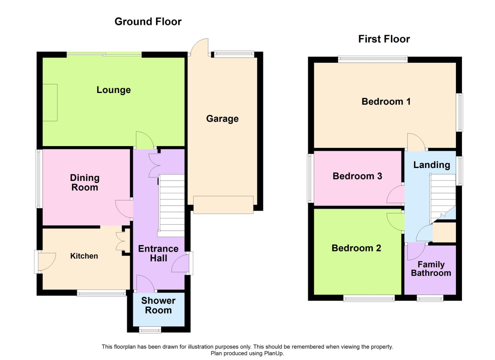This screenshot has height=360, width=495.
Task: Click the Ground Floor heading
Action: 148,22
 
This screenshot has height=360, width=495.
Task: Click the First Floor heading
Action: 384,39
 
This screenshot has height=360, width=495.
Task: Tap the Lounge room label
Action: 114,90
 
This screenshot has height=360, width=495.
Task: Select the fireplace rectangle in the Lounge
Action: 50,103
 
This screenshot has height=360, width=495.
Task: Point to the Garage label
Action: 222,119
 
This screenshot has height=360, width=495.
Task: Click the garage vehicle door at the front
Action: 223,205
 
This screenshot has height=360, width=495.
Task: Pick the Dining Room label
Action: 85,183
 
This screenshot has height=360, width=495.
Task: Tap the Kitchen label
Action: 84,256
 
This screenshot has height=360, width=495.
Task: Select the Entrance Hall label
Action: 158,253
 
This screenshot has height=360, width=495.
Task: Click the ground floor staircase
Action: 171,206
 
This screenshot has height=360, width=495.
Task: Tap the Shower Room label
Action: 158,305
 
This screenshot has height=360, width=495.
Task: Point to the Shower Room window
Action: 150,331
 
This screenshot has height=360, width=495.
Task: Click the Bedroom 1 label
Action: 386,102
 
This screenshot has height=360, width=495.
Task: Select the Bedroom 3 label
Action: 357,176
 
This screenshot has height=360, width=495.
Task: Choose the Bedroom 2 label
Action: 356,248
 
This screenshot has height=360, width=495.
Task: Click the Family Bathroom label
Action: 431,269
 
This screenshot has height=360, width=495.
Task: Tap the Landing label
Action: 432,165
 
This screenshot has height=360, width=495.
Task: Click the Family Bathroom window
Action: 430,299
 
